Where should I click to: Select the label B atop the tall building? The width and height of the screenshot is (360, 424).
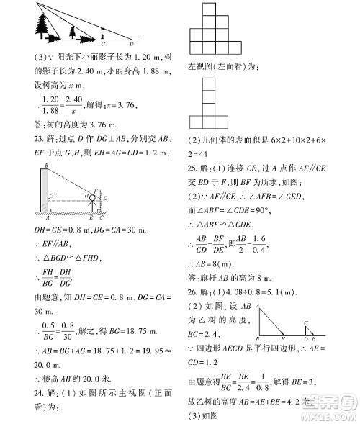[x=45, y=167]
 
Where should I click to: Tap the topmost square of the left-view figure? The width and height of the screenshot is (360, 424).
[x=208, y=84]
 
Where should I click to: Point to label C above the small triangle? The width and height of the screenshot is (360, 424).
[x=307, y=324]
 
